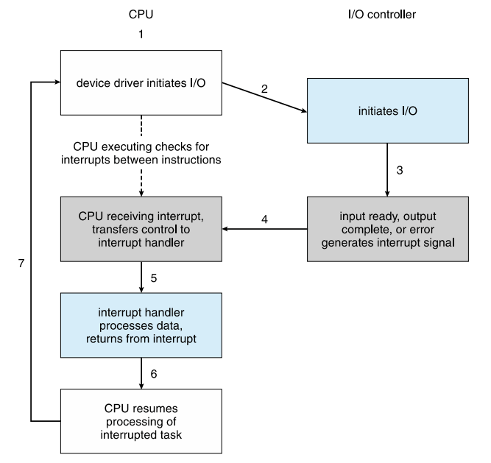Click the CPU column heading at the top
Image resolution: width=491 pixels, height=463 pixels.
[x=141, y=15]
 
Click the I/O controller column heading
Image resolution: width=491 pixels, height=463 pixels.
[x=382, y=15]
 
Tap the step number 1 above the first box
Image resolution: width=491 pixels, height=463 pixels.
[x=141, y=34]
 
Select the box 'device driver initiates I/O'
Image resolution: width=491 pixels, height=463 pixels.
[x=141, y=82]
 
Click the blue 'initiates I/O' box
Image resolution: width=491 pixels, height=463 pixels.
[x=388, y=111]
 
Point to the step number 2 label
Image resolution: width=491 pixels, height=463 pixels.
[x=264, y=89]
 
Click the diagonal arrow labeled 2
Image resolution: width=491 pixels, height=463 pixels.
[x=264, y=97]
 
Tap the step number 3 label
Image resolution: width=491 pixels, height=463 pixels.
[x=400, y=170]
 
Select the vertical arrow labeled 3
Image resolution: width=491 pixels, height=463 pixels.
[x=387, y=170]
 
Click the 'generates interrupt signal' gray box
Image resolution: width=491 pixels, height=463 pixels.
[x=388, y=229]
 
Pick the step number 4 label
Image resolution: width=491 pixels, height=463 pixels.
[x=264, y=219]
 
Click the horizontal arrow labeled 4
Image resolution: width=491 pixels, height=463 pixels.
[x=264, y=229]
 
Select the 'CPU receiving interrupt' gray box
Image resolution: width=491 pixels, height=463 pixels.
[x=141, y=229]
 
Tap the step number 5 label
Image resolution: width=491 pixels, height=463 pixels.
[x=153, y=278]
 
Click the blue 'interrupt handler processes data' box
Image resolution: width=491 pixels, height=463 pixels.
[x=141, y=325]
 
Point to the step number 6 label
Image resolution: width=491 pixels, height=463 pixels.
[x=153, y=374]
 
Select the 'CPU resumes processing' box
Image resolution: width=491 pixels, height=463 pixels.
[x=141, y=421]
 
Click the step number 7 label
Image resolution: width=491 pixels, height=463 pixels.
[x=21, y=264]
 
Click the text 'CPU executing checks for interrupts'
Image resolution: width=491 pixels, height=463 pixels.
[x=141, y=153]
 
